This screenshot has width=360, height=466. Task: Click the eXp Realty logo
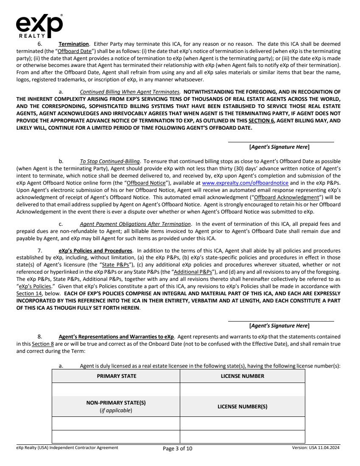[x=39, y=26]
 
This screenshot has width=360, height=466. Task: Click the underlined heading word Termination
[x=74, y=44]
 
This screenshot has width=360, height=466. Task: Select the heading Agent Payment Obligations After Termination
[x=135, y=224]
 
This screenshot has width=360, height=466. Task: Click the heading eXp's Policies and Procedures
[x=95, y=250]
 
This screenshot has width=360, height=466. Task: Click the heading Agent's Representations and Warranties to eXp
[x=116, y=337]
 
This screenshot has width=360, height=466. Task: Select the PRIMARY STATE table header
[x=116, y=376]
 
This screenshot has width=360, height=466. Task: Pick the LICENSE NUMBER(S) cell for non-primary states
[x=242, y=406]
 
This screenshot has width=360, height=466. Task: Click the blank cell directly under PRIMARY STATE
[x=116, y=389]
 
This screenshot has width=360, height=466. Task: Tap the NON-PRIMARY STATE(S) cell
[x=116, y=406]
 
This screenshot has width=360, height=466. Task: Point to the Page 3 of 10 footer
[x=178, y=449]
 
